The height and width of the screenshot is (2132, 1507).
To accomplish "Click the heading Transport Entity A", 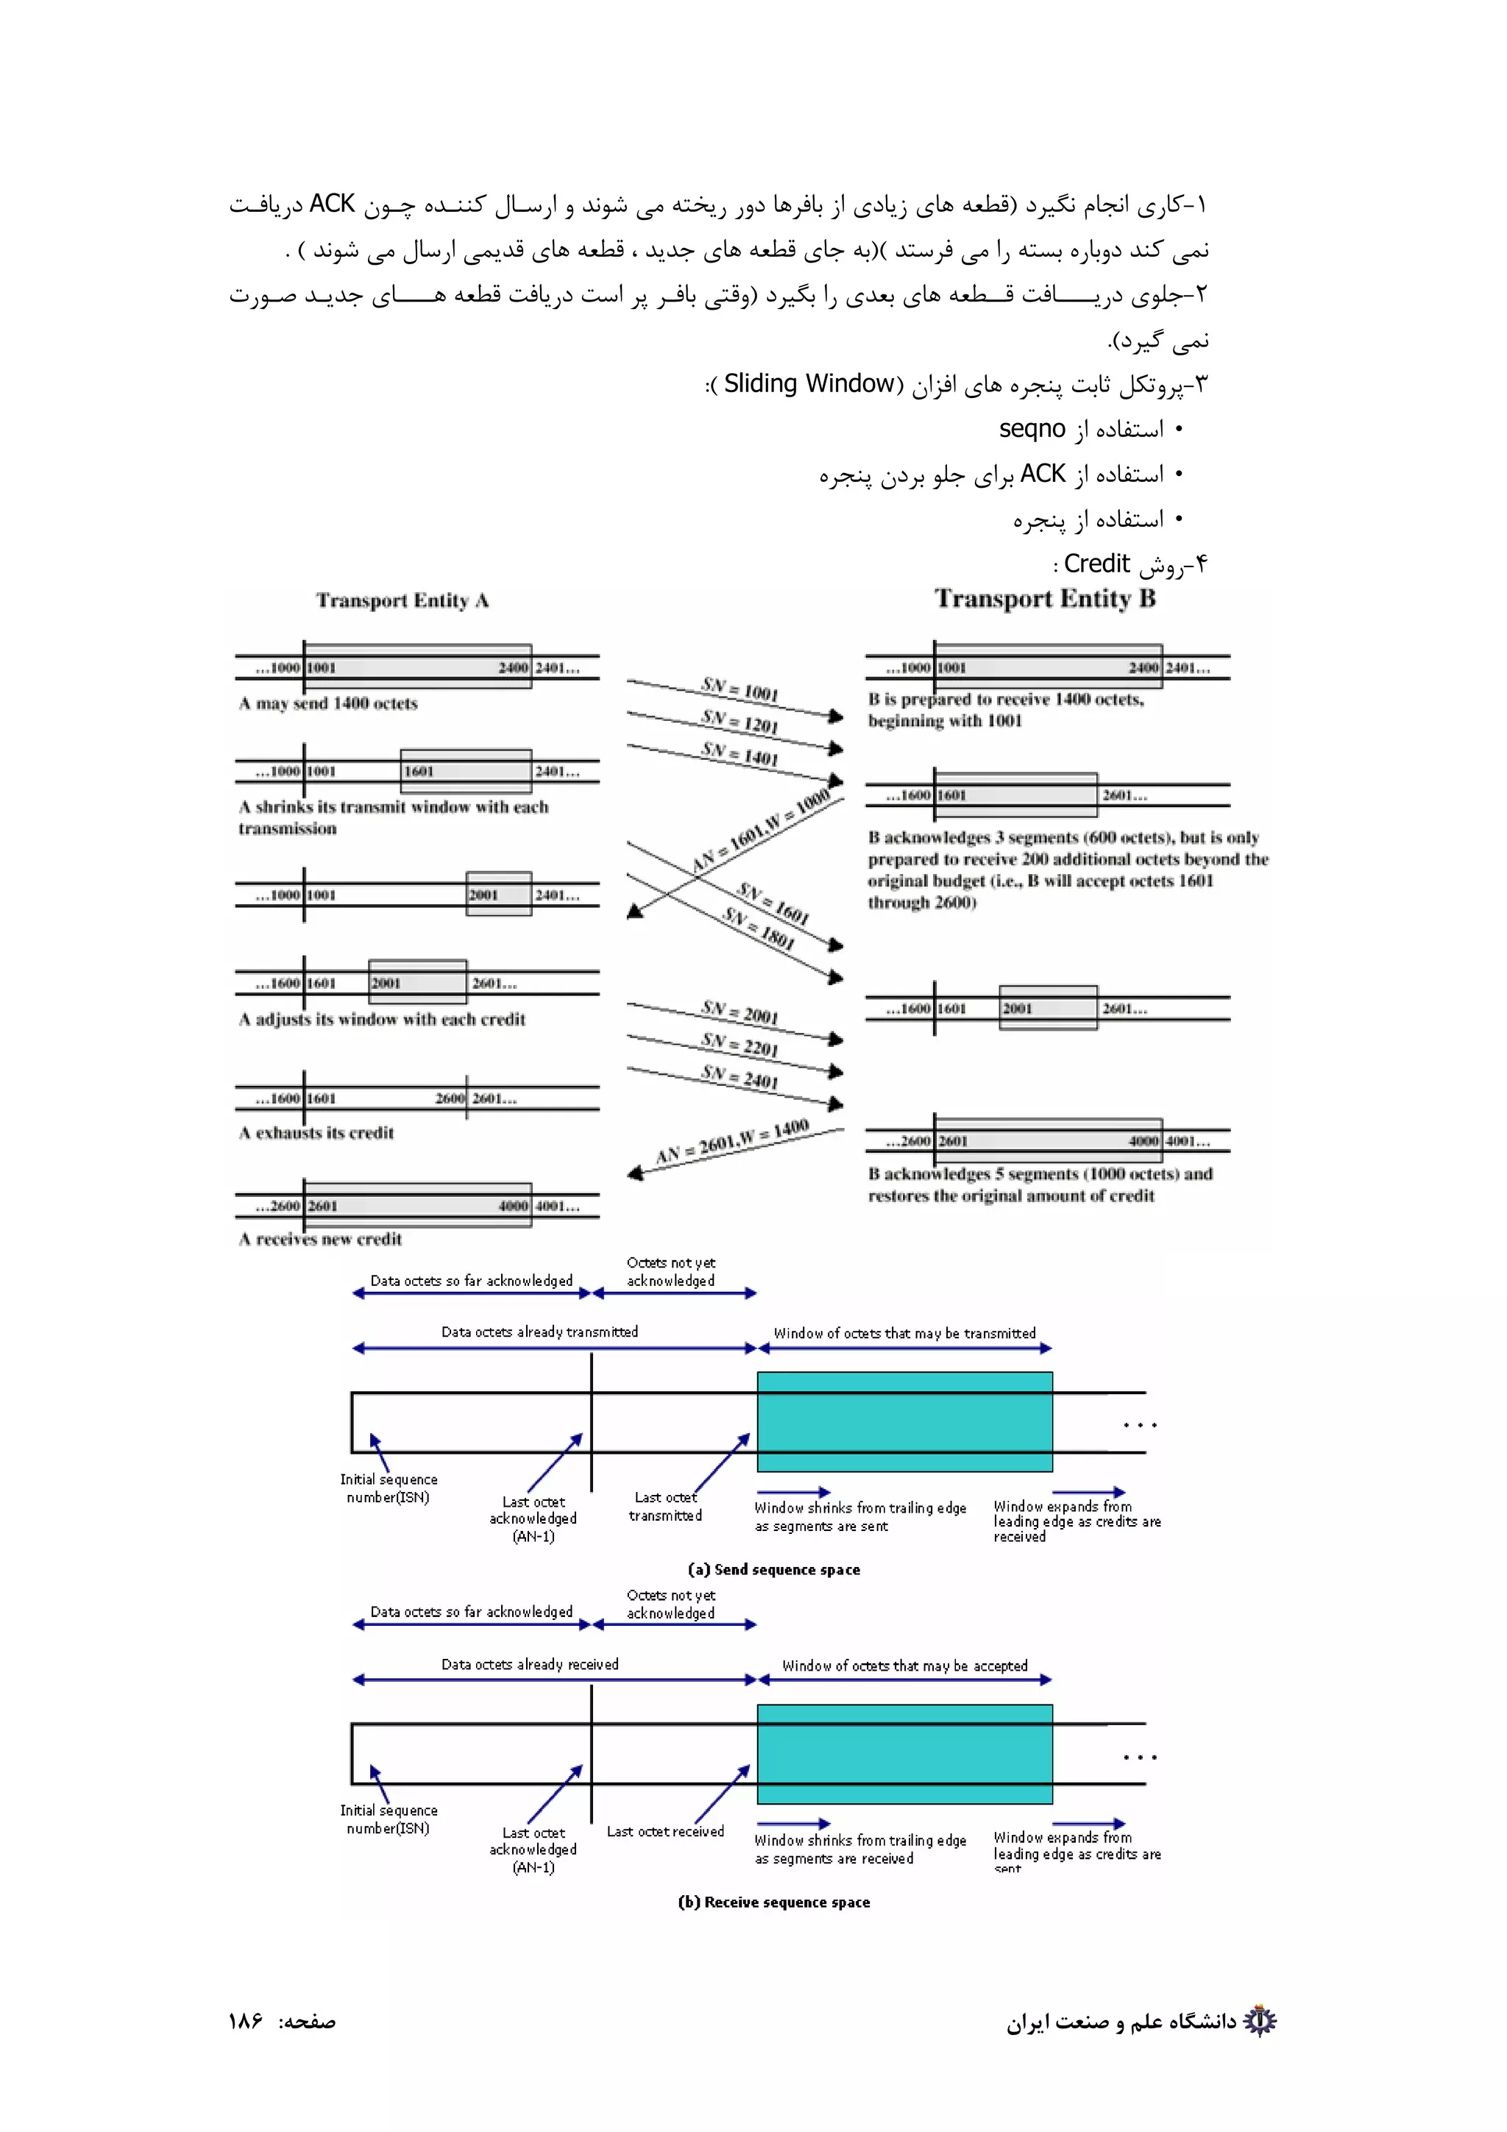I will click(402, 601).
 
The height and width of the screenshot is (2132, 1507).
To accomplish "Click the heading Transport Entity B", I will click(1045, 599).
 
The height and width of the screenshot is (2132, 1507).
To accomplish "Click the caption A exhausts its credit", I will click(316, 1133).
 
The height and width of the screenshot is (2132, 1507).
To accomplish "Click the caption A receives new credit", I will click(320, 1239).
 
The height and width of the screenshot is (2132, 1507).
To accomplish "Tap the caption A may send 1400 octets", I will click(327, 704).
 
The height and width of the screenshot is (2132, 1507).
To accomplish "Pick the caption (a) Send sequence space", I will click(773, 1569).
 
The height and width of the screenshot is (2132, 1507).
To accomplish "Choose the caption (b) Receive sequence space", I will click(773, 1902).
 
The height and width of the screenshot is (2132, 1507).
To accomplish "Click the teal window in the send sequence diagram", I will click(904, 1421).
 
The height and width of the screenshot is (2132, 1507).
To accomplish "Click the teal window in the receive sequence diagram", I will click(904, 1753).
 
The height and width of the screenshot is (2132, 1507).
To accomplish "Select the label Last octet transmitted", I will click(664, 1506).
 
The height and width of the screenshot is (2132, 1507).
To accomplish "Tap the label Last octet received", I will click(664, 1831).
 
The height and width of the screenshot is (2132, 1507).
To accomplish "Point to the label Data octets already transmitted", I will click(539, 1332).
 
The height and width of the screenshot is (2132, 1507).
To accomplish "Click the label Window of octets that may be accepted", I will click(904, 1666).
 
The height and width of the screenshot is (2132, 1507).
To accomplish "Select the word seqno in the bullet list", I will click(1032, 429).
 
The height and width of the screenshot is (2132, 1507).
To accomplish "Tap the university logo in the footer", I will click(1259, 2021).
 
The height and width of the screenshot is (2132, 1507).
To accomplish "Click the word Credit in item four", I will click(1096, 564).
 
